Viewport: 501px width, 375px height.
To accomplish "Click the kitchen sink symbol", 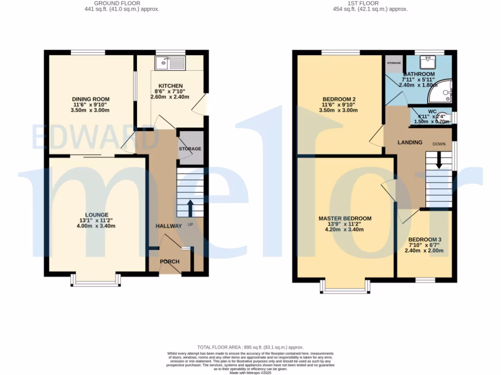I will tap(169, 62).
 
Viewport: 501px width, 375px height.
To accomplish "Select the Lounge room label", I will tap(93, 214).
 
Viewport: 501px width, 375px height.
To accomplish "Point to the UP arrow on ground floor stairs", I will tap(189, 207).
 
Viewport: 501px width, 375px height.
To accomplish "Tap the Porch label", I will tap(170, 262).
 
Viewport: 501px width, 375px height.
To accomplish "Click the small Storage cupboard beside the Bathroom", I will tap(394, 64).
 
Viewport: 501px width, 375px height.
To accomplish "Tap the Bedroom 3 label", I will tap(425, 239).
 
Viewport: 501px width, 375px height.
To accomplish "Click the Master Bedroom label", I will tap(345, 218).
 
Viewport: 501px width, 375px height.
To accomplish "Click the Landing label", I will tap(410, 143).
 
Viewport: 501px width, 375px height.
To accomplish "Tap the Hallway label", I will tap(169, 226).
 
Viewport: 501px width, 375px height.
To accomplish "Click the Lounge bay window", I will tap(96, 280).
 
